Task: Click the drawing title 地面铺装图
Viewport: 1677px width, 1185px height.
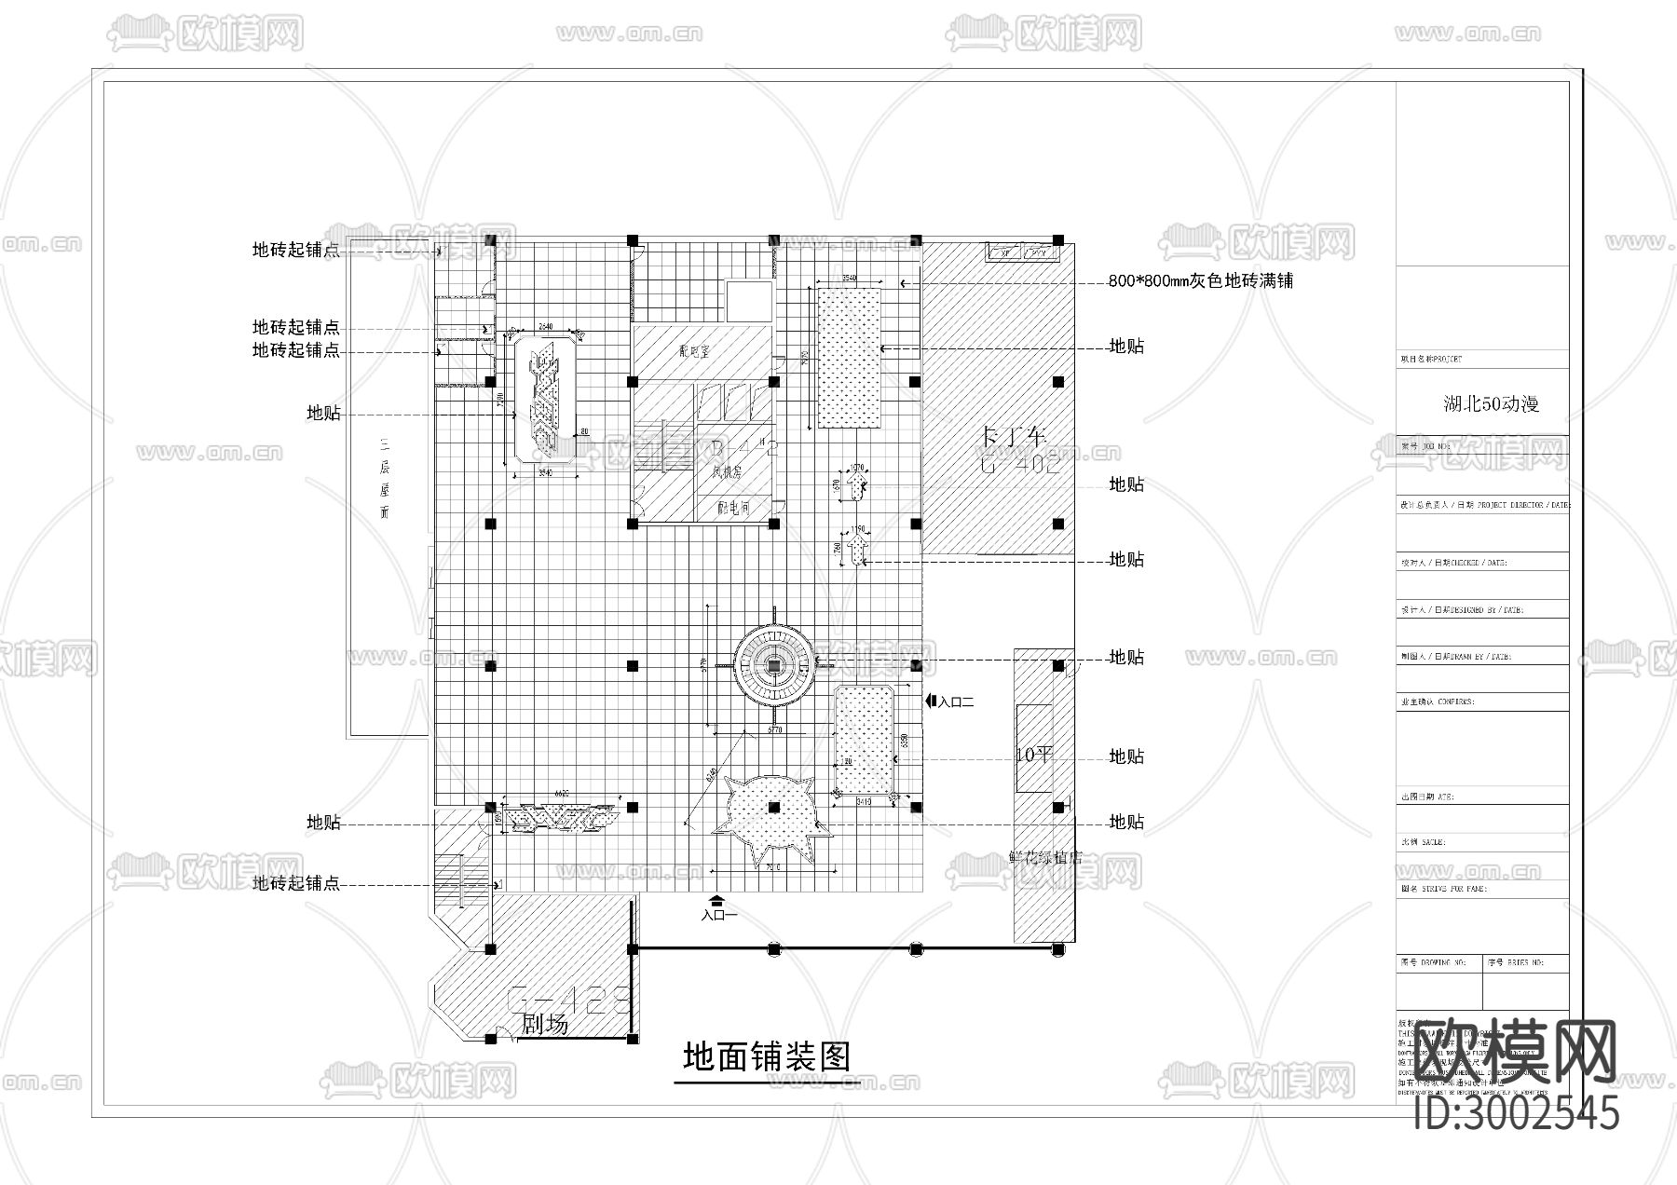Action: [x=766, y=1056]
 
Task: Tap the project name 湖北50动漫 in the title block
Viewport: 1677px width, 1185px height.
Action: [x=1491, y=404]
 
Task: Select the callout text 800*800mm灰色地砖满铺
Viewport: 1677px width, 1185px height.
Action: [x=1200, y=280]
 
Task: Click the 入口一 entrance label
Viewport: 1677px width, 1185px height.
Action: [x=718, y=916]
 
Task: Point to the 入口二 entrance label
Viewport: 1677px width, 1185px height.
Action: [x=956, y=702]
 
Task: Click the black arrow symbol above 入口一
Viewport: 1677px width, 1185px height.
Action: [x=717, y=900]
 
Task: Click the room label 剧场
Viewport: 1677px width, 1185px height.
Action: [x=544, y=1025]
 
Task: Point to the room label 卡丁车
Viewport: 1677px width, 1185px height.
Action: [x=1015, y=436]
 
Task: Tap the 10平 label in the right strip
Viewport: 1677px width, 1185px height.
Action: [x=1032, y=755]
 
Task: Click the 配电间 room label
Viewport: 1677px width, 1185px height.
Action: [x=734, y=509]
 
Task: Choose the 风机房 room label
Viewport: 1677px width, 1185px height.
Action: [x=726, y=472]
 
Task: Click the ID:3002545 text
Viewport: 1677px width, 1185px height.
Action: [x=1516, y=1113]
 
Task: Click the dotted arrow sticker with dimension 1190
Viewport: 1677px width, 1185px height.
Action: [x=859, y=551]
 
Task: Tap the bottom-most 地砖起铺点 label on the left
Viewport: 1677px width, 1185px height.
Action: [x=295, y=883]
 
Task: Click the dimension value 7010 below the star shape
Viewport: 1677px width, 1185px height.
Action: [x=772, y=867]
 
